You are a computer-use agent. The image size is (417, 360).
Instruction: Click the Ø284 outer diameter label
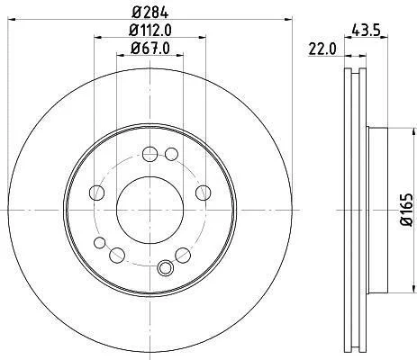[150, 12]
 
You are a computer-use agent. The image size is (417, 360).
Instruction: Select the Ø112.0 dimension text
[150, 30]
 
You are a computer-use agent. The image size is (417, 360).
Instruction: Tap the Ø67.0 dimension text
[150, 48]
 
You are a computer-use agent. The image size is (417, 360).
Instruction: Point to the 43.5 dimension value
[366, 30]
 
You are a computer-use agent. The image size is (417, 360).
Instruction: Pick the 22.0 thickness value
[322, 49]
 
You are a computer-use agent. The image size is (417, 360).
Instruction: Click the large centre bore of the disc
[150, 210]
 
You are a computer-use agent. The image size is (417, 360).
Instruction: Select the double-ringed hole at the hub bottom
[165, 267]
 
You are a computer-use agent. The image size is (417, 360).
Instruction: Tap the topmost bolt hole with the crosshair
[150, 154]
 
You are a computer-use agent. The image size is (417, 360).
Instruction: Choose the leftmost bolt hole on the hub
[97, 193]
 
